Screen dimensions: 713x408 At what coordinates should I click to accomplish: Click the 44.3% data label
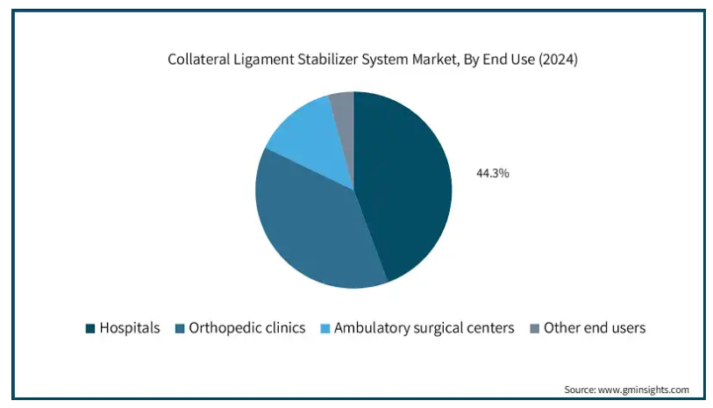(493, 174)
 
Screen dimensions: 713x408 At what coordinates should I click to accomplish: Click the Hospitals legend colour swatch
(90, 328)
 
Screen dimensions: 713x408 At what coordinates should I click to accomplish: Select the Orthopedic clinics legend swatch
(180, 328)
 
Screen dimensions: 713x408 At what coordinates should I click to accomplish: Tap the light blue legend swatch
(325, 328)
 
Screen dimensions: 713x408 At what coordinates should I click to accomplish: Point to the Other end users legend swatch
(535, 328)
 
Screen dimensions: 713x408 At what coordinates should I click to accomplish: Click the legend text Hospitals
(130, 328)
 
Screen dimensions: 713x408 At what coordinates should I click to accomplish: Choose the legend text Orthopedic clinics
(247, 328)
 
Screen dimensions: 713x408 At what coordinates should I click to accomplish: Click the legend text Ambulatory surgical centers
(424, 328)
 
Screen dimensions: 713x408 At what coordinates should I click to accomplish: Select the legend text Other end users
(595, 328)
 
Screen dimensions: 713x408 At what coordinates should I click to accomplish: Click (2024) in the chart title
(558, 60)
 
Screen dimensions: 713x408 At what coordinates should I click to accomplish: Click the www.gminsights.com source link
(644, 390)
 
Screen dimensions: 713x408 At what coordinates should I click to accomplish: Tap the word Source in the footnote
(580, 390)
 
